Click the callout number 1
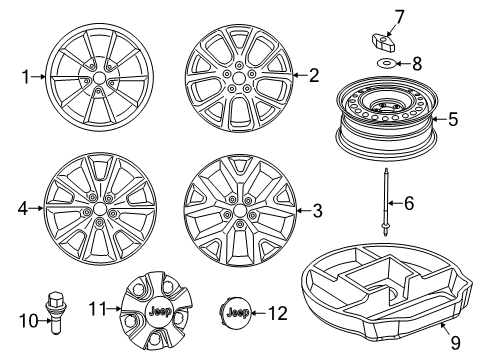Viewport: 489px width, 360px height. (x=27, y=75)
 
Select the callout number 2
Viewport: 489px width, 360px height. (x=313, y=75)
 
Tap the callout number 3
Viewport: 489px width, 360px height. (x=318, y=211)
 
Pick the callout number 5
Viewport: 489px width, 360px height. (x=452, y=120)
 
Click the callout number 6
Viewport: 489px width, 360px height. (x=406, y=203)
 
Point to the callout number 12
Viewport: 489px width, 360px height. (x=278, y=313)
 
